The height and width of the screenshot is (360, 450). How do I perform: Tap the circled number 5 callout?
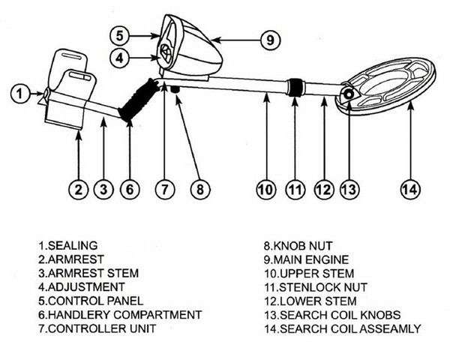tap(121, 34)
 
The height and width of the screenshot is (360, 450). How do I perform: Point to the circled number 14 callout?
tap(408, 190)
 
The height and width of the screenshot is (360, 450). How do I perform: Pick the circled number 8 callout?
tap(198, 190)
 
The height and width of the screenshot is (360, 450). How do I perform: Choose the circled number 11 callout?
tap(293, 190)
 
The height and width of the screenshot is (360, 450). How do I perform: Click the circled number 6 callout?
tap(130, 190)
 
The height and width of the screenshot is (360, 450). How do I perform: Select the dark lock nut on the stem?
tap(295, 88)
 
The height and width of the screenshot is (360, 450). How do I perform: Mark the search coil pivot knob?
tap(347, 94)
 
